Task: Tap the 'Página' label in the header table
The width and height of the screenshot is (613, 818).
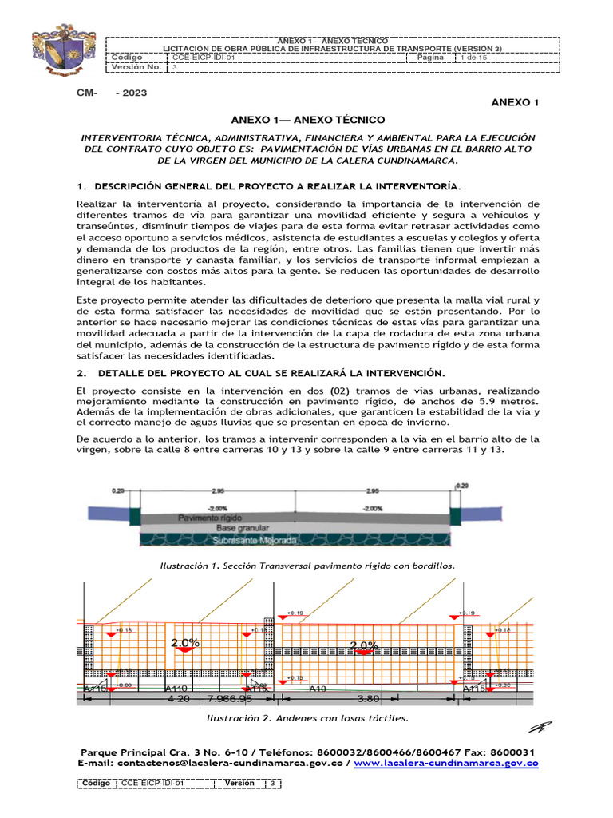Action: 431,58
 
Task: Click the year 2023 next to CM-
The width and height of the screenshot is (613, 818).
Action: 132,93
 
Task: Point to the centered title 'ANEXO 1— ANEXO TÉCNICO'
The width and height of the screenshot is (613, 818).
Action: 307,119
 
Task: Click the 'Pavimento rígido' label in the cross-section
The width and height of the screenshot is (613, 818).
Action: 209,518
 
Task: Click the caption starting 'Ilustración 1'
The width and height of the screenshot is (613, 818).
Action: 307,565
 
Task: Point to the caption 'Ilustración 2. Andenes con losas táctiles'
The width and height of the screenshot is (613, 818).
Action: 307,717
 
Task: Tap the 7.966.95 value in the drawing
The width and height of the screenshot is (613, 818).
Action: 229,698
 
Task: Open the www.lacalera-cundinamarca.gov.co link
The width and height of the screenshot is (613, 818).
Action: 445,764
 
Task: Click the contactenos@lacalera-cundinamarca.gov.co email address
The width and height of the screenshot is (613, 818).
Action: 224,764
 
